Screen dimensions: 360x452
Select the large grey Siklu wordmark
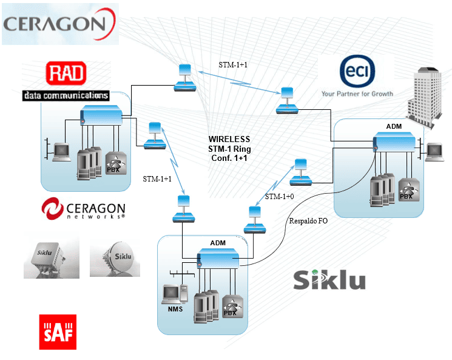[x=329, y=280]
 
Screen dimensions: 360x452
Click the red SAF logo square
[x=58, y=332]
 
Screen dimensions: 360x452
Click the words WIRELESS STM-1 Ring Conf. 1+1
[x=229, y=148]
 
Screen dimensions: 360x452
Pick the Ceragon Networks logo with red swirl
[x=83, y=208]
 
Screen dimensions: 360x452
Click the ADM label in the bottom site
[x=218, y=243]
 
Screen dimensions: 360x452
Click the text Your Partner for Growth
[x=357, y=94]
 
